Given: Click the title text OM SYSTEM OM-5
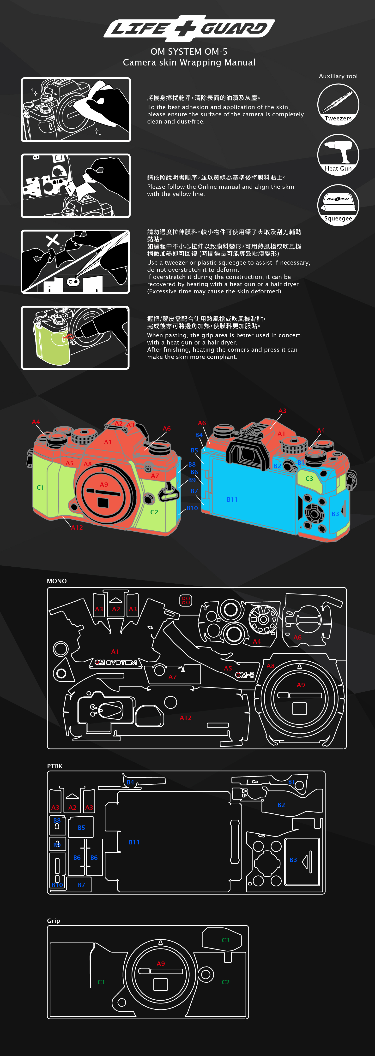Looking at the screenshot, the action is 189,52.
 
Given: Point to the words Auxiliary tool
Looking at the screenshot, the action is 338,76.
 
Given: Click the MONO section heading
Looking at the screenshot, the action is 57,581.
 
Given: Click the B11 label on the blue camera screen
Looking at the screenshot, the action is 232,499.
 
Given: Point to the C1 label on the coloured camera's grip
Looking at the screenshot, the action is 40,487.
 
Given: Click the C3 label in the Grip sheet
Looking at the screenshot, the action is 226,940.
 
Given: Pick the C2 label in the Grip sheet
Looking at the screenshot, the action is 226,982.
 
